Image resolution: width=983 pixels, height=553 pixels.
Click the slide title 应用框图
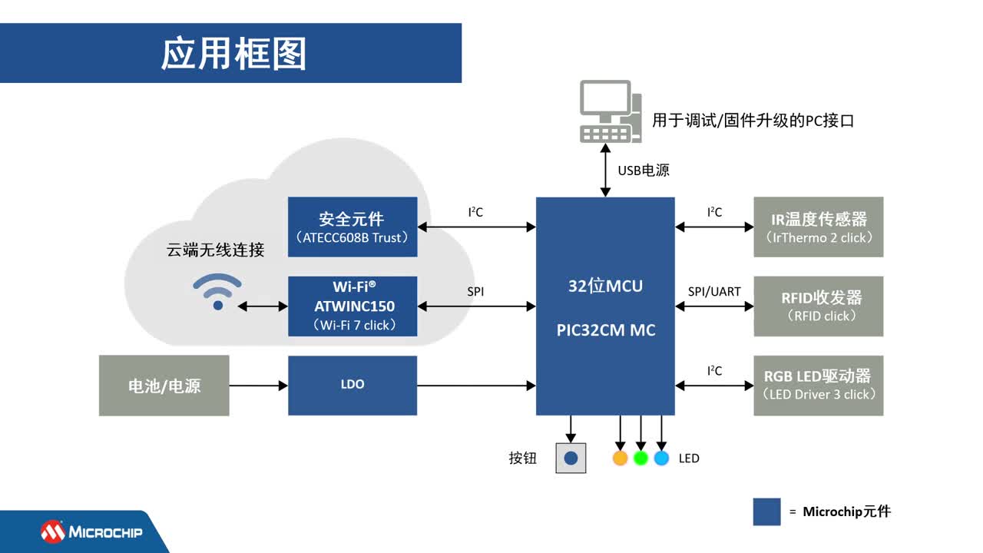tap(233, 54)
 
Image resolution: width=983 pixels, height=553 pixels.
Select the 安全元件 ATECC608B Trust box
tap(352, 227)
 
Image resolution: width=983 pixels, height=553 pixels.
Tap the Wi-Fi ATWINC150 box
tap(352, 306)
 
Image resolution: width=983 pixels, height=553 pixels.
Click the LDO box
tap(352, 385)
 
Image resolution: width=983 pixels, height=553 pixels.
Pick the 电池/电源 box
tap(164, 386)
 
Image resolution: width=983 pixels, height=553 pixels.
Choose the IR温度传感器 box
tap(819, 227)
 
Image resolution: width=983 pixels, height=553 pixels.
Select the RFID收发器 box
tap(819, 306)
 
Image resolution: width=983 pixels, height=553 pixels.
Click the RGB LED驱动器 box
tap(819, 386)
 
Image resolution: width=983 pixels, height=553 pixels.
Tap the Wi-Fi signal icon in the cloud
tap(217, 292)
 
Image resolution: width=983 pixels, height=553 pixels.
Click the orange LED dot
tap(621, 459)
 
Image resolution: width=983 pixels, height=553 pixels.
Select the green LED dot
tap(641, 459)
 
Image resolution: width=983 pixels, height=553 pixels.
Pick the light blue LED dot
tap(661, 459)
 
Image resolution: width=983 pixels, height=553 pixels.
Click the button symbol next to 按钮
tap(571, 459)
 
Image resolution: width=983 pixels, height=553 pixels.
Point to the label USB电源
tap(644, 171)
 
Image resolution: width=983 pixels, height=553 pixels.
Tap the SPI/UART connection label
tap(714, 292)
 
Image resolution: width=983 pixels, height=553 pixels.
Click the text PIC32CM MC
tap(605, 331)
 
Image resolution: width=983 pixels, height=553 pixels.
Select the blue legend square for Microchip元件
tap(766, 512)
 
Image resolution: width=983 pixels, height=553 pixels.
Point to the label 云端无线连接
tap(216, 250)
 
